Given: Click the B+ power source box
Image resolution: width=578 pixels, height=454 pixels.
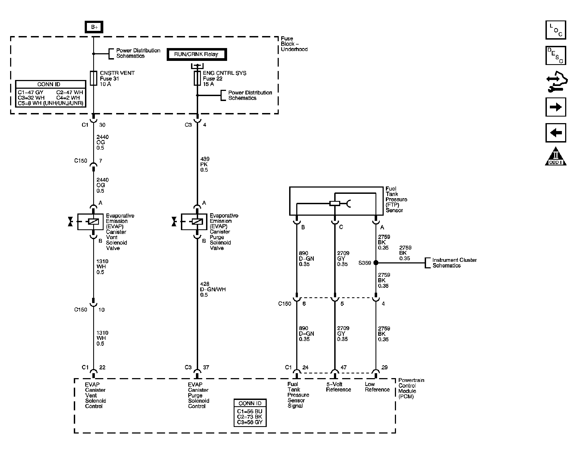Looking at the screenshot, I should click(x=94, y=27).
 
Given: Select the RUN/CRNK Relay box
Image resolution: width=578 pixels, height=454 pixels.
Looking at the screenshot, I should click(x=196, y=54).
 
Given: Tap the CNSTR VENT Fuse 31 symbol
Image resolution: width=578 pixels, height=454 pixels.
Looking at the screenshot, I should click(x=93, y=78).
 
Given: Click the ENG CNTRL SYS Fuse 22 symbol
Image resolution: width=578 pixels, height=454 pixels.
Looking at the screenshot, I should click(x=197, y=78).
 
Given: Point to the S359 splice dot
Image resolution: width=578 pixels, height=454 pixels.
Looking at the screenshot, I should click(x=376, y=263).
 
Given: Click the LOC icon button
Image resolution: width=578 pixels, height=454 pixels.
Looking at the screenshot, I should click(x=556, y=30).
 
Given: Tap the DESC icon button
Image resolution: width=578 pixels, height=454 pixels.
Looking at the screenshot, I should click(x=556, y=56).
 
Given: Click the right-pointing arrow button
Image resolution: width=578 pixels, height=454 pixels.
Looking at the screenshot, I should click(x=556, y=107).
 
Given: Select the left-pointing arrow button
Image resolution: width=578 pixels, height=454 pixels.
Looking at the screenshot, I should click(x=556, y=133).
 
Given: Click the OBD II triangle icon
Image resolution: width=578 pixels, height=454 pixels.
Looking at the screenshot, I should click(x=556, y=157).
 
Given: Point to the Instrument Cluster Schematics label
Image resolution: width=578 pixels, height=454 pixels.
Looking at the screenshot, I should click(x=454, y=263).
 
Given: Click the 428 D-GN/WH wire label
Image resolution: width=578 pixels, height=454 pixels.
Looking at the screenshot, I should click(x=212, y=289).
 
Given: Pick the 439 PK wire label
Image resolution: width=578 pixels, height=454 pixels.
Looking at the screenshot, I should click(x=204, y=164).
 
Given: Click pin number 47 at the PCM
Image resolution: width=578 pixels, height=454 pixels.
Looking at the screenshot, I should click(x=344, y=367).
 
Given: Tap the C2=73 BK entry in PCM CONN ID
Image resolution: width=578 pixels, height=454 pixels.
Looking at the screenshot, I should click(x=250, y=417).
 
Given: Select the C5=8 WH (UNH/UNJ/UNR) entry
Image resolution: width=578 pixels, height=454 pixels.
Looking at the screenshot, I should click(x=50, y=103).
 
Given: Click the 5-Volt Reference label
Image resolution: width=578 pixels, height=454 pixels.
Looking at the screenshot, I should click(x=338, y=387).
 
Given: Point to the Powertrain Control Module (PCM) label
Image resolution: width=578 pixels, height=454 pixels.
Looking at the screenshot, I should click(x=411, y=388).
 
